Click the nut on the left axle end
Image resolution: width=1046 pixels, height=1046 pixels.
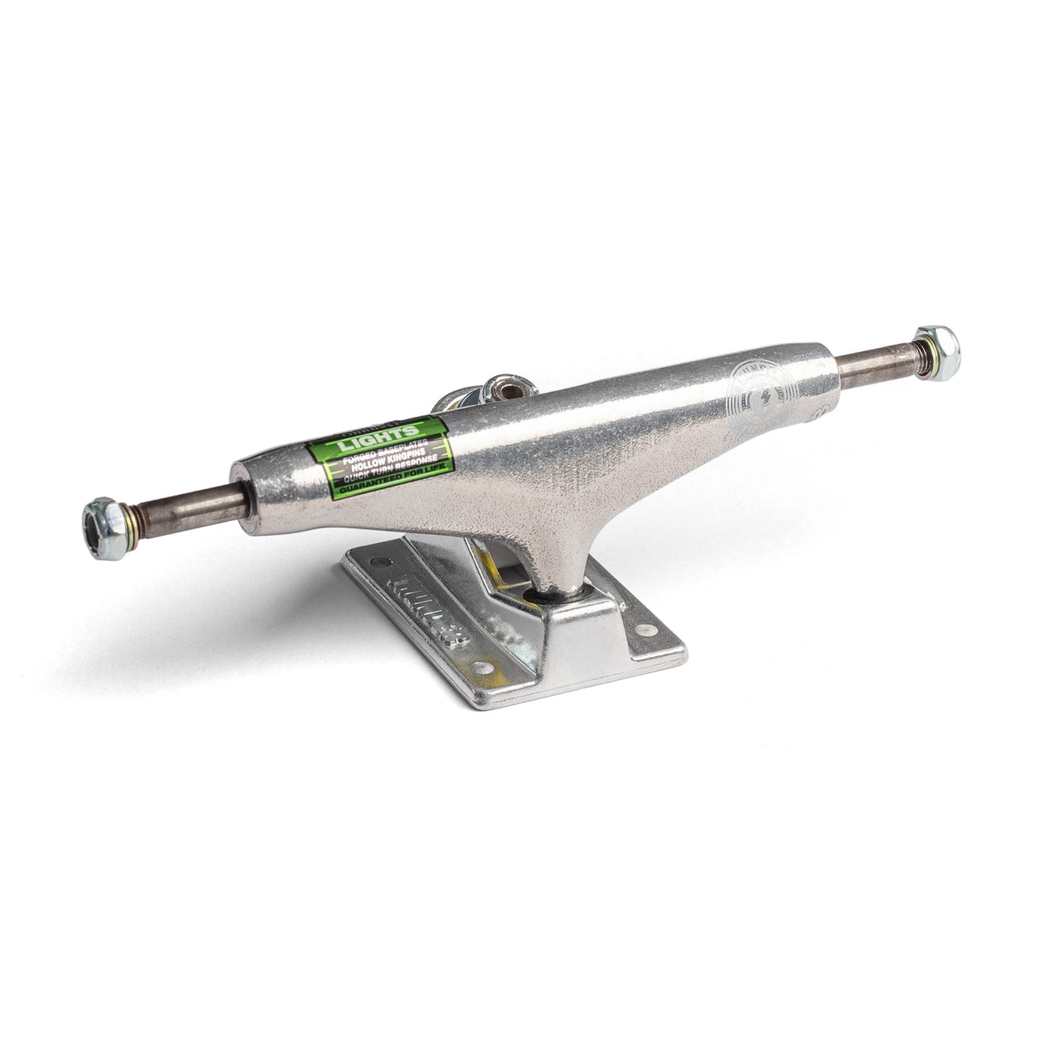103,528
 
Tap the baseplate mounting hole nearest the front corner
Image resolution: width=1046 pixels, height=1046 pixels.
481,667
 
